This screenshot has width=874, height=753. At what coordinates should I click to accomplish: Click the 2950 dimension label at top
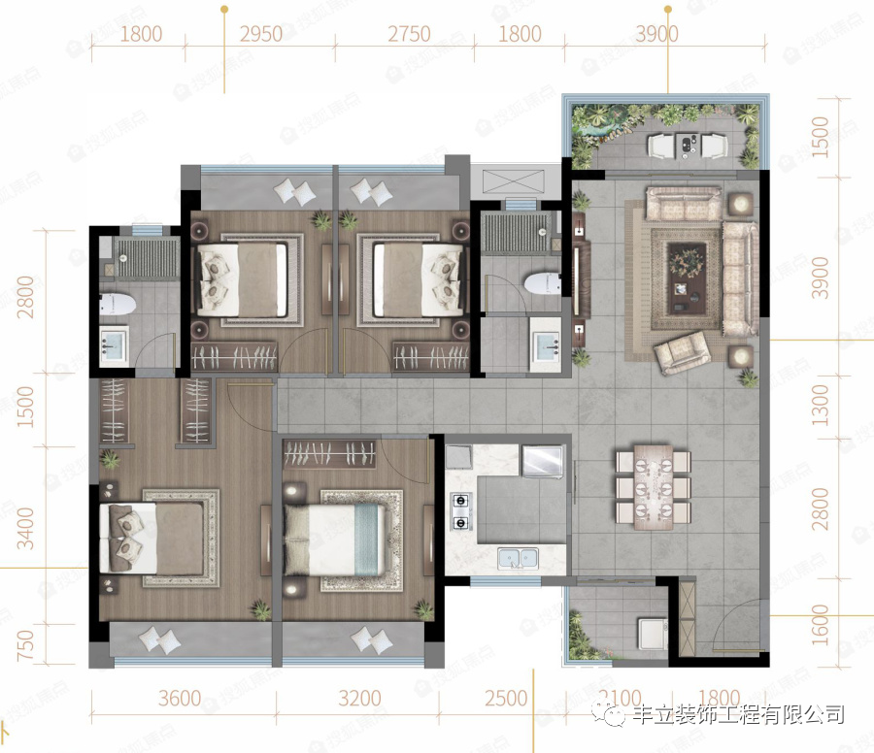[260, 35]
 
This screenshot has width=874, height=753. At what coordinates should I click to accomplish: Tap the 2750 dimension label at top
[409, 35]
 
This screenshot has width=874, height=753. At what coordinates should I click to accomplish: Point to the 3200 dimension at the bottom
[359, 699]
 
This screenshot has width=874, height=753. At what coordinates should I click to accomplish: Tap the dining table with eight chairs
[653, 486]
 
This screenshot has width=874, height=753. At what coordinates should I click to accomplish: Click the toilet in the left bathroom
[118, 303]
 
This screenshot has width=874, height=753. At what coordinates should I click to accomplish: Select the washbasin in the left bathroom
[116, 345]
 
